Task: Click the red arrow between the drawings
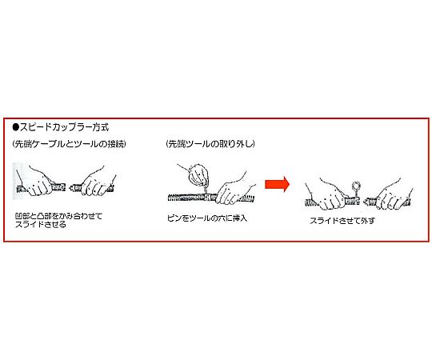click(x=277, y=184)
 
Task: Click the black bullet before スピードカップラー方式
click(x=16, y=127)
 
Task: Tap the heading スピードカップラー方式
click(x=65, y=127)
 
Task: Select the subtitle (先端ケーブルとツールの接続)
click(x=70, y=144)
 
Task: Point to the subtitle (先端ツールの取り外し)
click(x=210, y=144)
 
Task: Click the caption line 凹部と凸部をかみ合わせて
click(x=58, y=216)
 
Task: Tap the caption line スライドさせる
click(x=41, y=224)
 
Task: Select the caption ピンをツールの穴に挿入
click(x=207, y=218)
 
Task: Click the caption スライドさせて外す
click(x=342, y=221)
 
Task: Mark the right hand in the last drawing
click(x=394, y=194)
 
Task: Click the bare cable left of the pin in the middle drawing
click(x=185, y=197)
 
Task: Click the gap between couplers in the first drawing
click(x=67, y=188)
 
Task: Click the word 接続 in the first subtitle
click(x=116, y=144)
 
